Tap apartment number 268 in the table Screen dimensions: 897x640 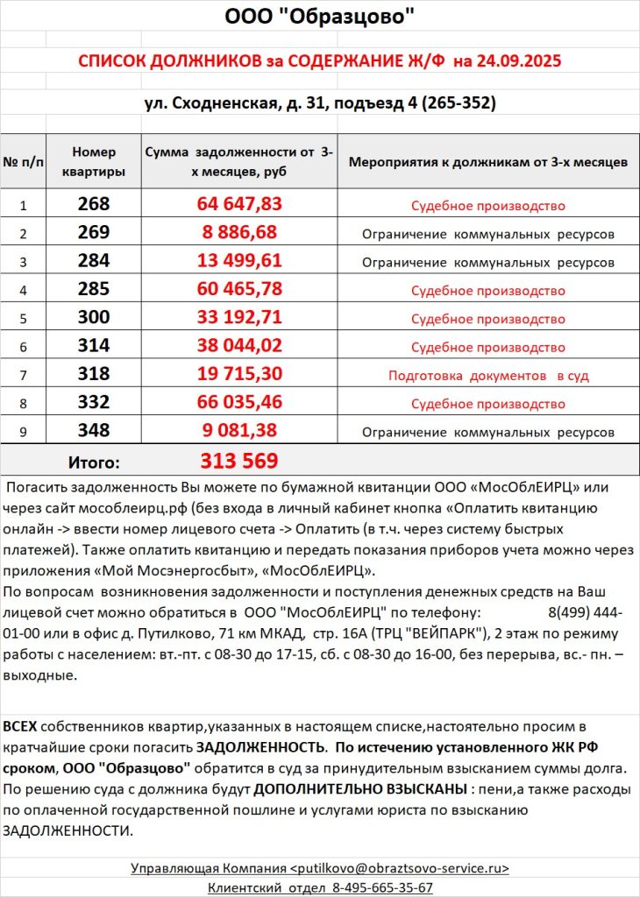(x=94, y=205)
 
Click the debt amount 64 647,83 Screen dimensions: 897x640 (x=239, y=205)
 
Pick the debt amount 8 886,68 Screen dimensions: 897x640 (x=239, y=233)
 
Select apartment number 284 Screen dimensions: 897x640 (x=94, y=261)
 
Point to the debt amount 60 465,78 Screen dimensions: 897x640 (x=239, y=289)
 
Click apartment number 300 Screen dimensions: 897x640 (x=94, y=317)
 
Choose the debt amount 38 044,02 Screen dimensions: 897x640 (x=239, y=346)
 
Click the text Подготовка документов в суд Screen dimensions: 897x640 (x=488, y=376)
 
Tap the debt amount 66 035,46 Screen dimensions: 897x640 (x=239, y=403)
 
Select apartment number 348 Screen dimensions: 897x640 (x=94, y=431)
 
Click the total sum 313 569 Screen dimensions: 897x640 (x=239, y=461)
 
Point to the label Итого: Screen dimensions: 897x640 (x=94, y=462)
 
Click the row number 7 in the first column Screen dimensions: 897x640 (x=24, y=376)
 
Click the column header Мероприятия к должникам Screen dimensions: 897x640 (x=487, y=162)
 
